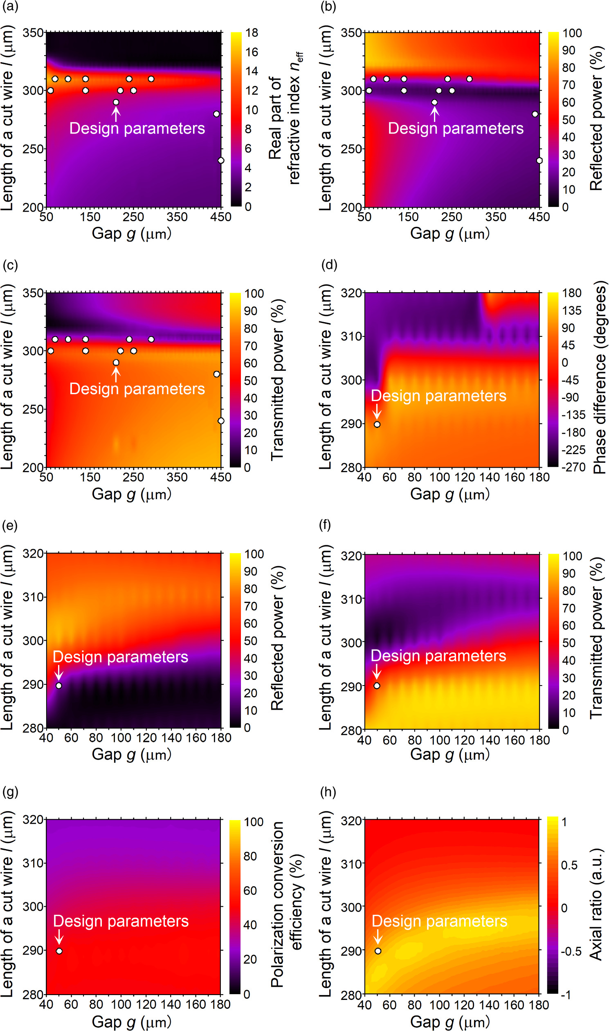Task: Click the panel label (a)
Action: (x=10, y=7)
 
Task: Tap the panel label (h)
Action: (x=328, y=792)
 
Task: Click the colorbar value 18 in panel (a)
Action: (x=252, y=32)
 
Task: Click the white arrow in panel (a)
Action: (x=116, y=114)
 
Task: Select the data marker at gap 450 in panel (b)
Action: (x=539, y=160)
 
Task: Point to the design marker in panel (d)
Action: (x=377, y=424)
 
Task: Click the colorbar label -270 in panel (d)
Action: (x=573, y=467)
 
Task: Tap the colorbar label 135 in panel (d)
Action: (x=571, y=310)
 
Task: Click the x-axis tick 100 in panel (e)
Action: (x=121, y=738)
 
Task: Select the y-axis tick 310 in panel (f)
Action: (x=351, y=599)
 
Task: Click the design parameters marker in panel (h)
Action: (x=378, y=951)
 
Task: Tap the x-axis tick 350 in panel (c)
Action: (x=177, y=477)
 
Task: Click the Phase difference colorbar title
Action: (x=600, y=377)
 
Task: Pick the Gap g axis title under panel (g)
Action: (x=131, y=1022)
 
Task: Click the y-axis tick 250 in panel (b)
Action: (x=351, y=149)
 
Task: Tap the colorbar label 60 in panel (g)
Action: (x=250, y=891)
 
